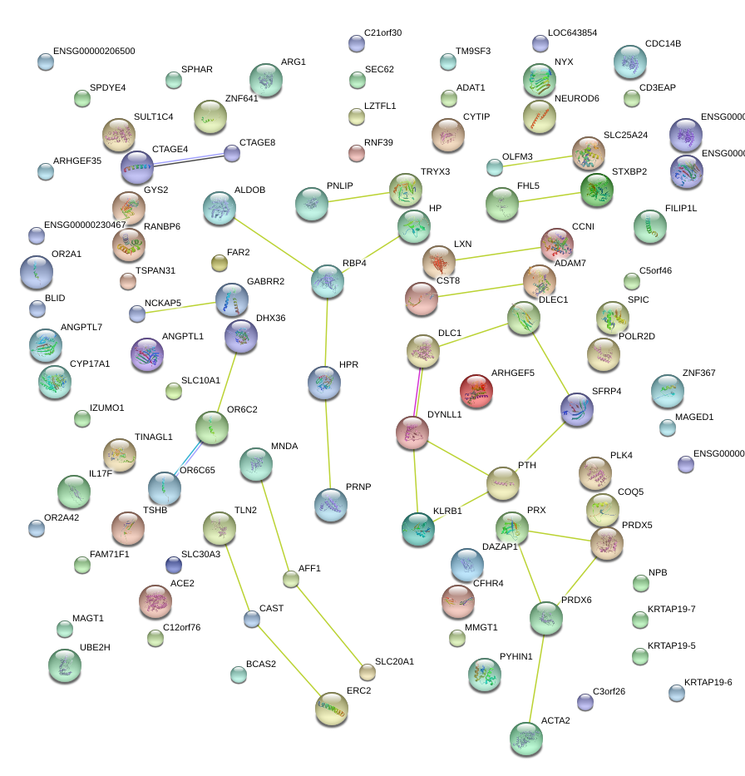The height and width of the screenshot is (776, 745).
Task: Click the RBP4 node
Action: pos(328,281)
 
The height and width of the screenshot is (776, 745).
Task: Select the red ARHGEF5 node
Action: pos(476,391)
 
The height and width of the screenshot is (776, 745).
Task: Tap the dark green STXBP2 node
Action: pos(596,190)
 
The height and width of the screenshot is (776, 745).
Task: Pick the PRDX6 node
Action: pos(545,617)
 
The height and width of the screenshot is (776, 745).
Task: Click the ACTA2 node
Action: pos(525,738)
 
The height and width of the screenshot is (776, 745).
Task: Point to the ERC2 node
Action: pos(332,708)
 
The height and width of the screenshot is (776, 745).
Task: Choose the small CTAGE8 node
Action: pos(232,153)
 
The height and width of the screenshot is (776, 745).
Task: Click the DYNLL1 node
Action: pos(412,432)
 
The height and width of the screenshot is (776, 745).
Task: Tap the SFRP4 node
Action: pos(576,408)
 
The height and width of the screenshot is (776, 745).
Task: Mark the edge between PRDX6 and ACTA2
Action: pos(536,677)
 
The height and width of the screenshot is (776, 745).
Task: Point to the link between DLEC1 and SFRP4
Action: pos(550,363)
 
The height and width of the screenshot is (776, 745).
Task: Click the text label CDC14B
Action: pos(663,43)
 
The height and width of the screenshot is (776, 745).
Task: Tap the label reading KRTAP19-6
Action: pos(708,682)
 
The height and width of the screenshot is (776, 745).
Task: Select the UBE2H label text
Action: pos(95,646)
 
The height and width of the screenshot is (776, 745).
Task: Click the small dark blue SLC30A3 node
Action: pos(173,565)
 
